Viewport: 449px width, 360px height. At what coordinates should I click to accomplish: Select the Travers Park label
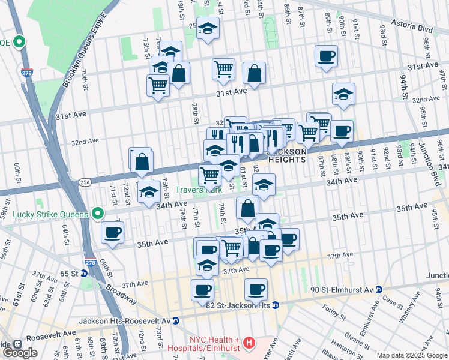pyautogui.click(x=199, y=190)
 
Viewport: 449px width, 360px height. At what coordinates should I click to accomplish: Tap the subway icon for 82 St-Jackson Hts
pyautogui.click(x=275, y=305)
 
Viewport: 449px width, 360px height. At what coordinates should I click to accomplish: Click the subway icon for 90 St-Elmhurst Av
pyautogui.click(x=379, y=289)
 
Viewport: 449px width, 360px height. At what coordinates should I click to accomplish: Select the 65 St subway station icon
pyautogui.click(x=84, y=273)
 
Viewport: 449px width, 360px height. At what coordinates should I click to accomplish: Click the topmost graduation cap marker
pyautogui.click(x=208, y=28)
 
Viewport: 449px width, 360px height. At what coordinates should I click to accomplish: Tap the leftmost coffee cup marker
pyautogui.click(x=112, y=232)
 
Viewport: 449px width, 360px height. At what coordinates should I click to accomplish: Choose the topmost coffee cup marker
pyautogui.click(x=326, y=56)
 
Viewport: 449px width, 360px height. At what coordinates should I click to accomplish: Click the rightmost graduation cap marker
pyautogui.click(x=343, y=94)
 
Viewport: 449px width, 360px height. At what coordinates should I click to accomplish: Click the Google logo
pyautogui.click(x=20, y=353)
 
